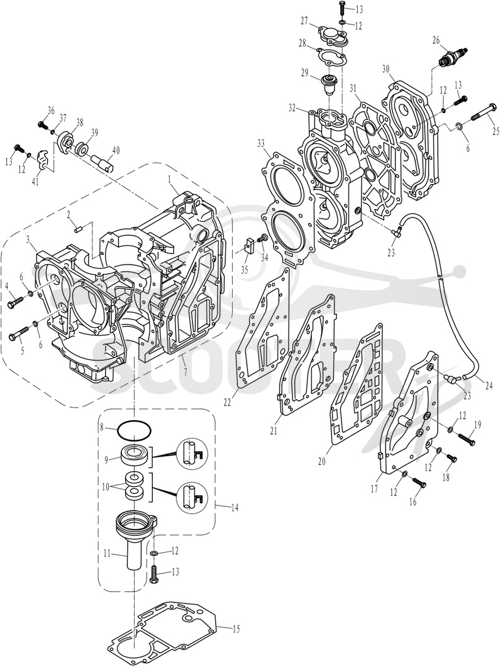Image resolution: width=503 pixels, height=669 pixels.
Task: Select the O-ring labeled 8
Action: tap(134, 430)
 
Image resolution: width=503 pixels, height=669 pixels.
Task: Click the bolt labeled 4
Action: tap(16, 302)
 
